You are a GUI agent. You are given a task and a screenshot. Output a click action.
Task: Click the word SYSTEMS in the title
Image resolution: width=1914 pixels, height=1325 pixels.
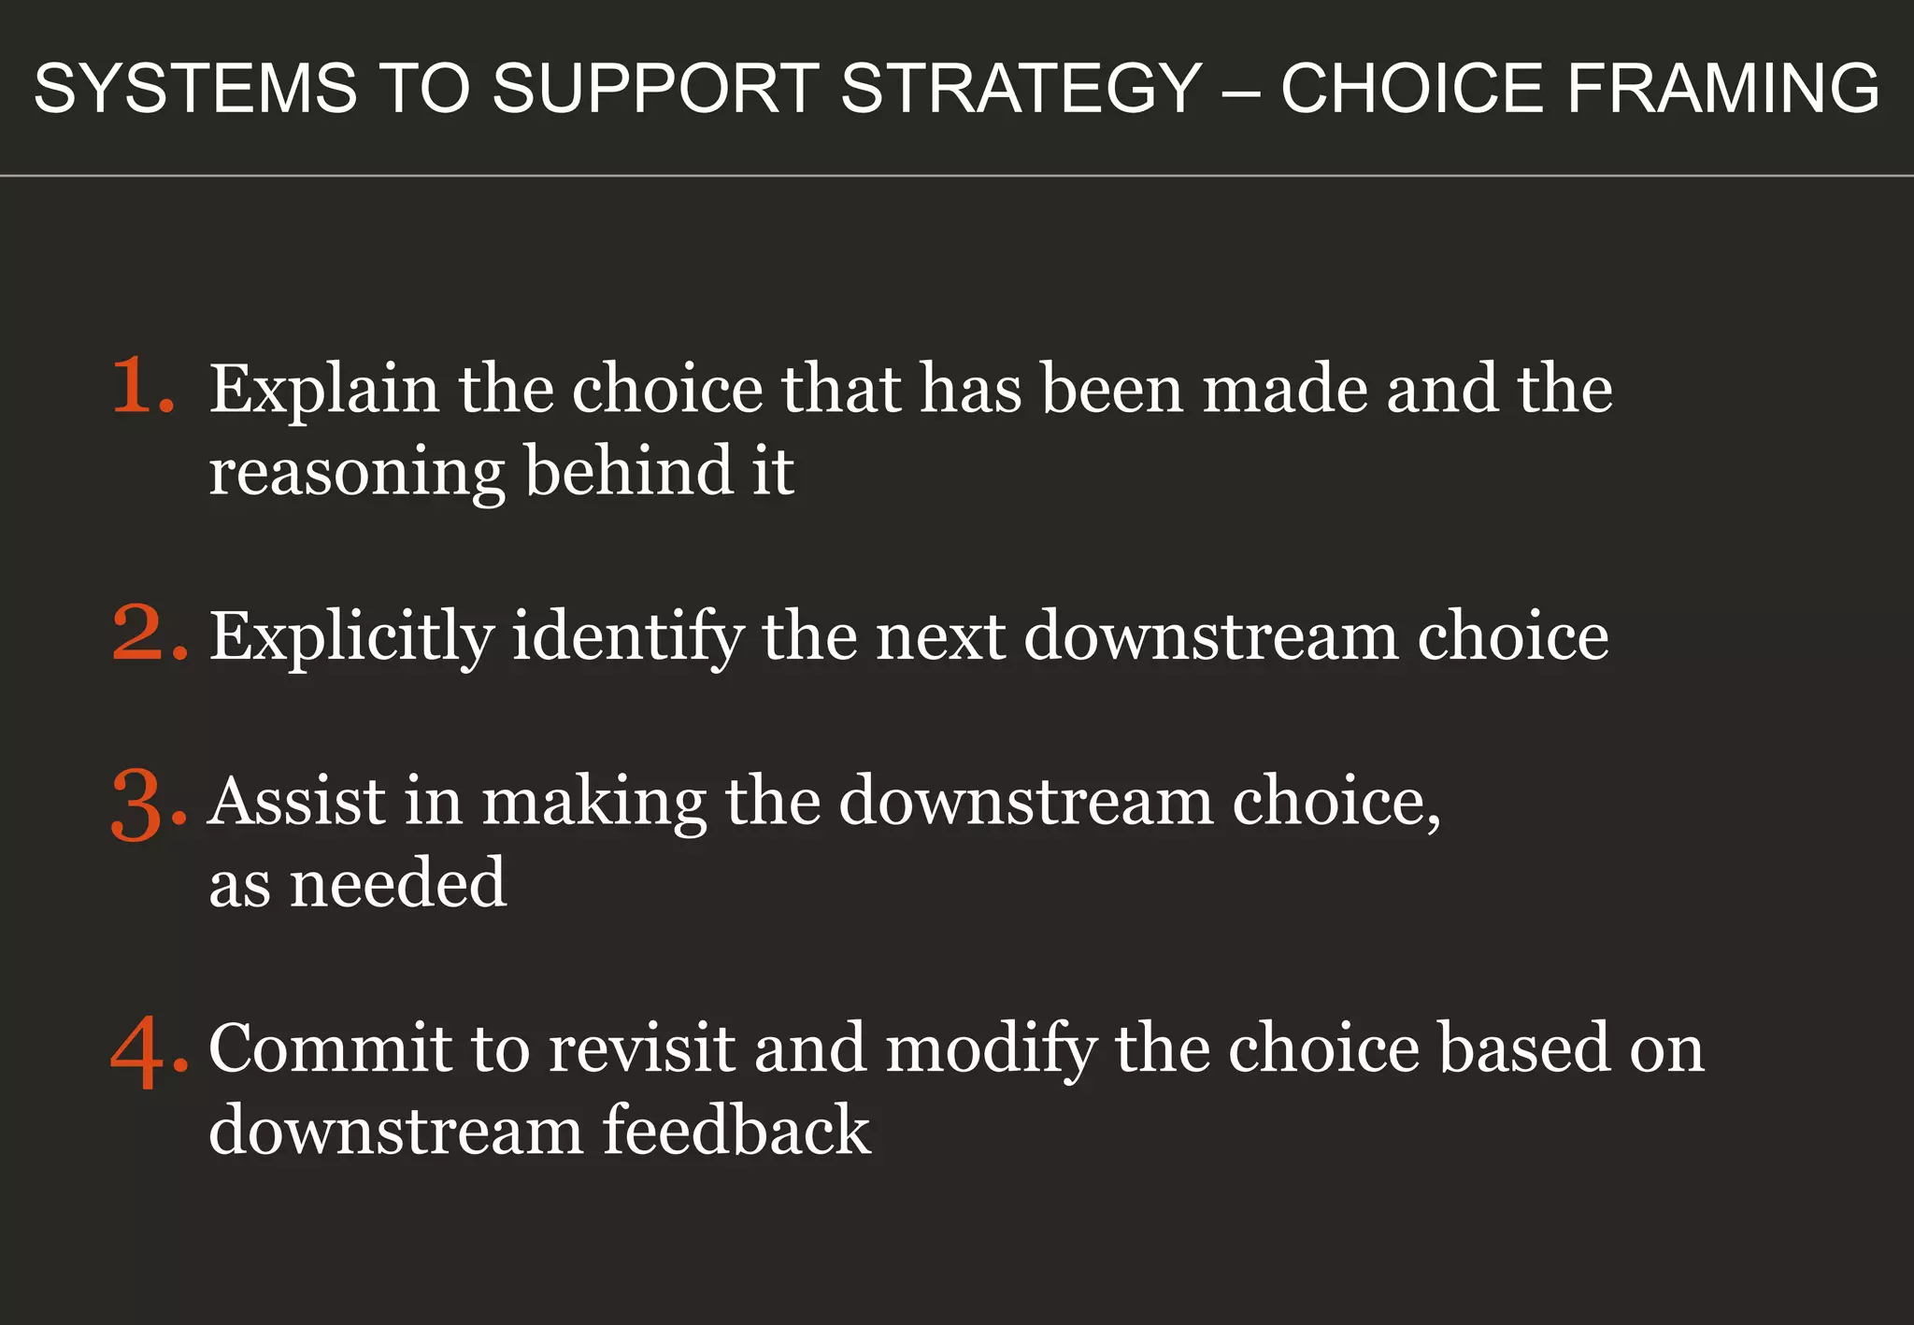[195, 89]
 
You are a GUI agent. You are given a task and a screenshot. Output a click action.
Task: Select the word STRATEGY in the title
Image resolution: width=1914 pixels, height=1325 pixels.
[1021, 89]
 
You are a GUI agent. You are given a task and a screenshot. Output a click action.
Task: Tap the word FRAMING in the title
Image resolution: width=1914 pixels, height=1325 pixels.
[1722, 89]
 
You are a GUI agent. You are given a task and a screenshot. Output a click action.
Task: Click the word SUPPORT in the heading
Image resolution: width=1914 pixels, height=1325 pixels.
[655, 89]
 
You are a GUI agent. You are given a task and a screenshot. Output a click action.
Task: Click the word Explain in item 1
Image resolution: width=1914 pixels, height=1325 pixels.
[323, 390]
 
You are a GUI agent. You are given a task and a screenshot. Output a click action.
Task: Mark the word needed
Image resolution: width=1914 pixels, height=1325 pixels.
[398, 883]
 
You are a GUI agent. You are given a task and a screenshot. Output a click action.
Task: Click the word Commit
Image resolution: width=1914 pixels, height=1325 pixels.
[330, 1048]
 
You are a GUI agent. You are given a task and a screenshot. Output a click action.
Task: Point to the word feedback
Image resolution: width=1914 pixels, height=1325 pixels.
[736, 1130]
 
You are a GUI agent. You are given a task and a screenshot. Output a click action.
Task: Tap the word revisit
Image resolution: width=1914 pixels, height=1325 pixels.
[641, 1048]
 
